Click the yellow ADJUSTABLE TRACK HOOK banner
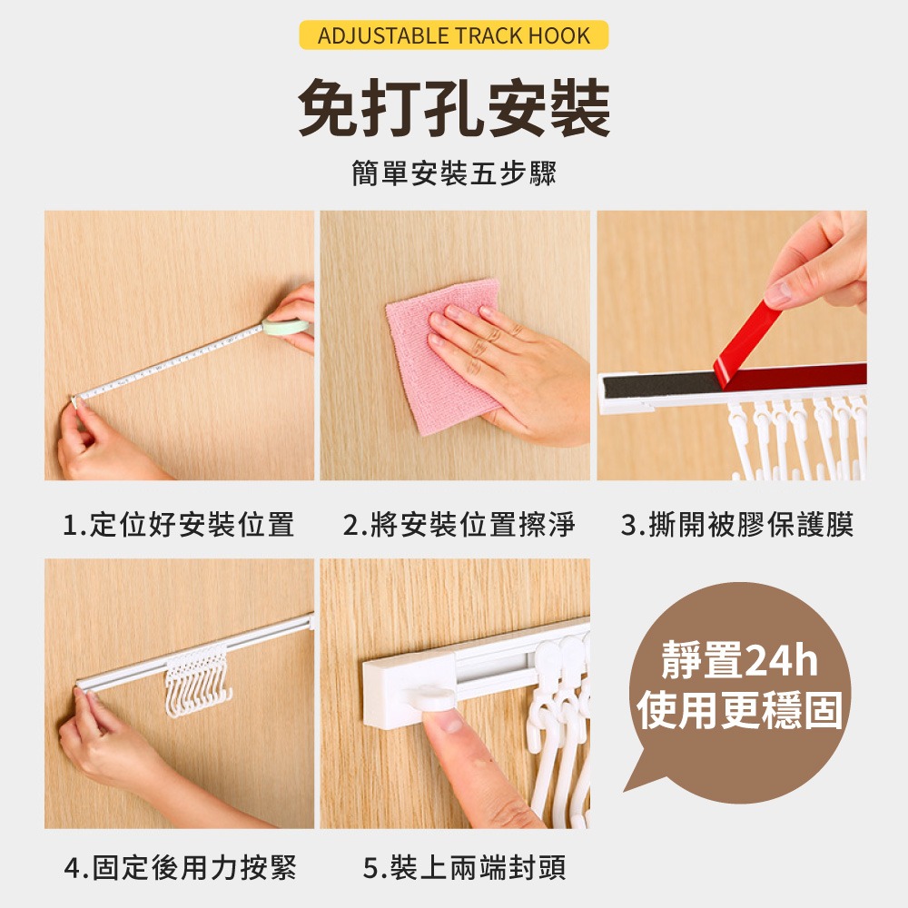tap(453, 35)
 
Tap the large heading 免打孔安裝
tap(454, 108)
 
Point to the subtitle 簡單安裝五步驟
tap(454, 173)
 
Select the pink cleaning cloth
tap(443, 356)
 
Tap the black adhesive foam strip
tap(660, 385)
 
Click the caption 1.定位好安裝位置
tap(178, 525)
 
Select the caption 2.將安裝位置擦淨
tap(459, 525)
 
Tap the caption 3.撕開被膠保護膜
tap(737, 525)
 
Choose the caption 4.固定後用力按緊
tap(180, 867)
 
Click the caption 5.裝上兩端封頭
tap(464, 867)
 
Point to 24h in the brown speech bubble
tap(781, 660)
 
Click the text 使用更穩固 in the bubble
tap(739, 710)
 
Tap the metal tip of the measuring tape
tap(74, 399)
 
